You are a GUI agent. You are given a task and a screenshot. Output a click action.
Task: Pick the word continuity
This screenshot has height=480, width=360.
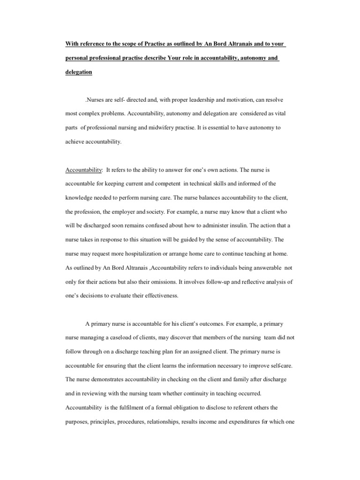tap(187, 393)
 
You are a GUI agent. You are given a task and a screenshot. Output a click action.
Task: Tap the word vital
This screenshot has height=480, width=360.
tap(273, 113)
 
